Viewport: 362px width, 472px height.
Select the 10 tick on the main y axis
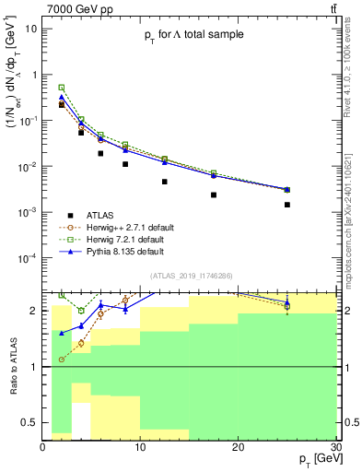coord(31,28)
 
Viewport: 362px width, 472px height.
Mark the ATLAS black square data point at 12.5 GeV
coord(165,182)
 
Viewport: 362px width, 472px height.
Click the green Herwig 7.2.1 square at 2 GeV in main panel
coord(62,88)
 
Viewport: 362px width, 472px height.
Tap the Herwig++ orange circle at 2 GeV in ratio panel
coord(62,360)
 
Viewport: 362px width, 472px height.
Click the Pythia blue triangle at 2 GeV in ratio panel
coord(62,334)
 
